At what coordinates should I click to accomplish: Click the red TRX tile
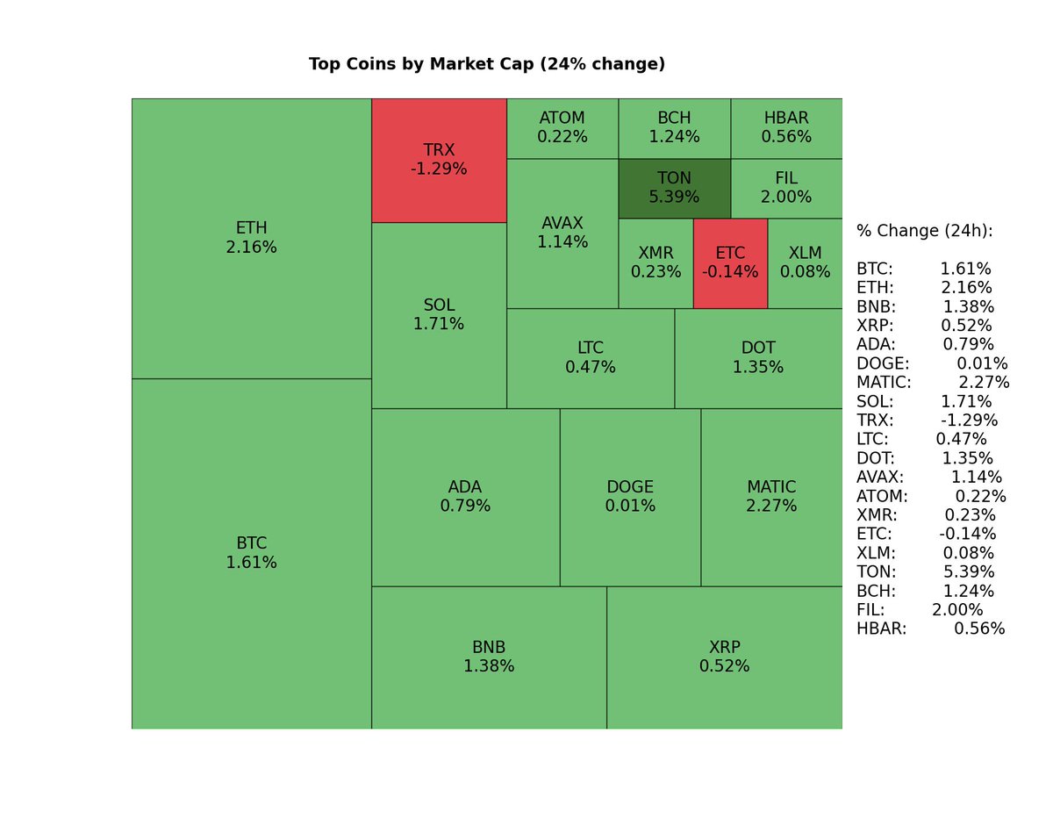[x=439, y=160]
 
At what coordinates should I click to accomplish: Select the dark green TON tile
[x=674, y=188]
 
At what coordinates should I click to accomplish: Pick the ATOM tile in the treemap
[x=562, y=128]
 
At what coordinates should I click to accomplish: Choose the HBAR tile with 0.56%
[x=786, y=128]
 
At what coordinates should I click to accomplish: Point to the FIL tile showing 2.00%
[x=786, y=188]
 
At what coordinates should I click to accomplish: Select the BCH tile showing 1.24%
[x=674, y=128]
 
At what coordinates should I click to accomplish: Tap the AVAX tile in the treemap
[x=562, y=233]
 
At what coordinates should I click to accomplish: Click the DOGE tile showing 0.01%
[x=630, y=497]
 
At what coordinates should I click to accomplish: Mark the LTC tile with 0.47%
[x=591, y=358]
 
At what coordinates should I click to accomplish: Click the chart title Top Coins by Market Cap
[x=487, y=64]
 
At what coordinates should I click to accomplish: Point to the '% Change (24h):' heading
[x=925, y=231]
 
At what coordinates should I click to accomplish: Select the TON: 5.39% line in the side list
[x=925, y=571]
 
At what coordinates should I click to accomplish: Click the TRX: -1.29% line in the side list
[x=927, y=420]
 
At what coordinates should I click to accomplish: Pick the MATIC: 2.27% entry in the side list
[x=933, y=383]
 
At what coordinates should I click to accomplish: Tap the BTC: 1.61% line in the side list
[x=923, y=269]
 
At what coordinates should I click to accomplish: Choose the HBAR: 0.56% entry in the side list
[x=930, y=629]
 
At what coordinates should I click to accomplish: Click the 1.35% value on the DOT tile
[x=758, y=368]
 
